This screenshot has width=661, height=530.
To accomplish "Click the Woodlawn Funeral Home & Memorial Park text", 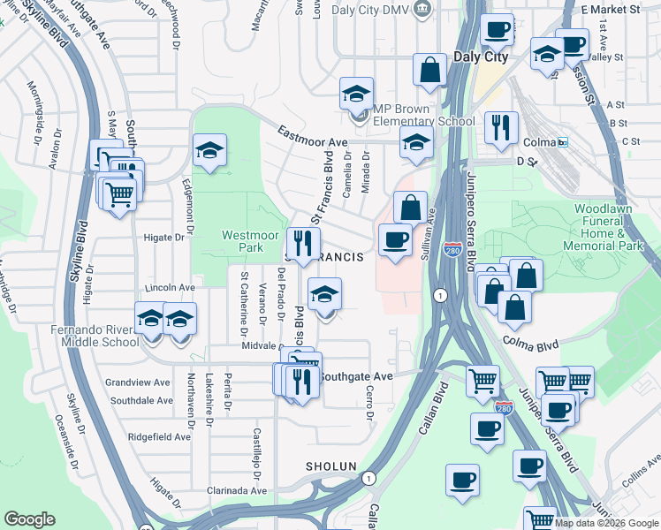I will tap(609, 227).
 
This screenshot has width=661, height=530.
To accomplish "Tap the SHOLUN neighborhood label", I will tap(331, 466).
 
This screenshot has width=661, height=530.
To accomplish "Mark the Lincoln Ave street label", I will tap(169, 288).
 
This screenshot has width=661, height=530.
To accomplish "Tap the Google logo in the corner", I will tap(29, 519).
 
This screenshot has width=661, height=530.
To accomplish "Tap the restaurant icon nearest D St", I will tap(502, 127).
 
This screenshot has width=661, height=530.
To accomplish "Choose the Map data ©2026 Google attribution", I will tap(605, 523).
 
